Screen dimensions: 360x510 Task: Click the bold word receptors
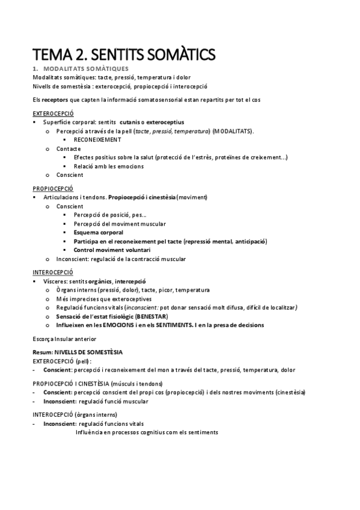54,99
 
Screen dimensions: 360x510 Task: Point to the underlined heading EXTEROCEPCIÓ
53,113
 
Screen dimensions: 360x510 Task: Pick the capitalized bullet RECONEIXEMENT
97,139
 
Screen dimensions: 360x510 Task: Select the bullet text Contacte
69,148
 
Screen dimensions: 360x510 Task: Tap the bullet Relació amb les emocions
108,166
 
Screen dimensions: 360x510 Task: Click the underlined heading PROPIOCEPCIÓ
52,188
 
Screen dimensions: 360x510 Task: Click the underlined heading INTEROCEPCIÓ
52,272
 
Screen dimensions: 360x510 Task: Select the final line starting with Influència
147,432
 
